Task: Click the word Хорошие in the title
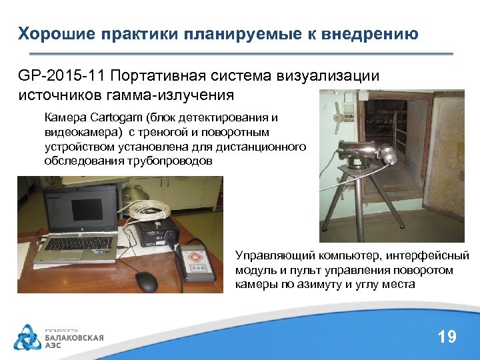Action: coord(51,34)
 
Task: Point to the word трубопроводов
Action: coord(175,161)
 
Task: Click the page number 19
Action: coord(447,337)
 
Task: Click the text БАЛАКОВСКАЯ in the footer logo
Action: coord(74,338)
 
